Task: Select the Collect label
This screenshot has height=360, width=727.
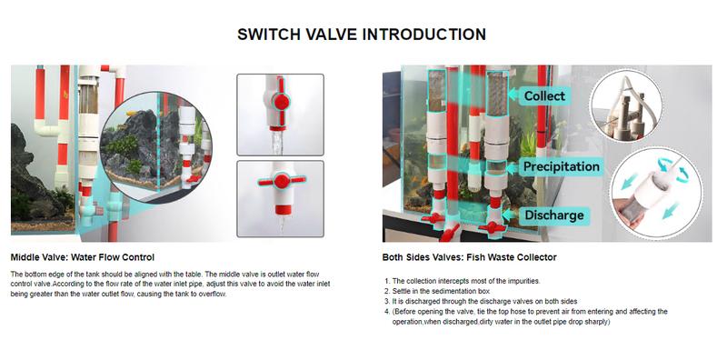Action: [x=544, y=96]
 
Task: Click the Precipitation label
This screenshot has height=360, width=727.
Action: [x=561, y=166]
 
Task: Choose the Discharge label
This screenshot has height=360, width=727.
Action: [x=553, y=215]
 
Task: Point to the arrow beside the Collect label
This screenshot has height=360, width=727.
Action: [x=513, y=95]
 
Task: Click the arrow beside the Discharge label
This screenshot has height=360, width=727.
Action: [x=509, y=215]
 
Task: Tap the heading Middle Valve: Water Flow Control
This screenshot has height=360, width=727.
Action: [x=83, y=257]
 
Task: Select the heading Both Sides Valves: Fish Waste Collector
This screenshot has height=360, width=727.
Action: [x=469, y=257]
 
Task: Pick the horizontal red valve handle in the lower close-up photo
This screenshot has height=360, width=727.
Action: [x=282, y=181]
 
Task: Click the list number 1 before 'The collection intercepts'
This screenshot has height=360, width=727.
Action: [x=387, y=281]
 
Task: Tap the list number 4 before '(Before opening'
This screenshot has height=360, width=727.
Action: [x=387, y=312]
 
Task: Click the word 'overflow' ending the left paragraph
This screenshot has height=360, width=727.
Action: [x=214, y=295]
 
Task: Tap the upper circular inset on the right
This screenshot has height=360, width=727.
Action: [x=626, y=105]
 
